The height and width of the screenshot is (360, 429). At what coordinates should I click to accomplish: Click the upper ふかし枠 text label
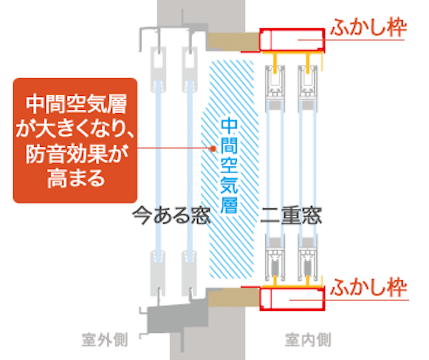coord(369,28)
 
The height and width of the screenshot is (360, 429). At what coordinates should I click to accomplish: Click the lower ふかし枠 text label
coord(369,287)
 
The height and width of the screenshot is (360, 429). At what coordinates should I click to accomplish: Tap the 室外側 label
coord(105,340)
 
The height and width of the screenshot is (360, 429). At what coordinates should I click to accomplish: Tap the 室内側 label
coord(308,340)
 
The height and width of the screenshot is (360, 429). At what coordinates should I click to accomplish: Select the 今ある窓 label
coord(171,215)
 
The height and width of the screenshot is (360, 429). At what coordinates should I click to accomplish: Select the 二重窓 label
coord(291,215)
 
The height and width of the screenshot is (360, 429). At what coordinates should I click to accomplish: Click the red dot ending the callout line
coord(213,149)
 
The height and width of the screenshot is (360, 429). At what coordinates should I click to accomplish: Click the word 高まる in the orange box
coord(76,178)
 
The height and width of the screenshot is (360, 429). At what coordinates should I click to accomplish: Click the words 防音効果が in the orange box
coord(77,154)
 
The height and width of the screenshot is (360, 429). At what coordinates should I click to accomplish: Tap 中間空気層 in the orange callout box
coord(76,104)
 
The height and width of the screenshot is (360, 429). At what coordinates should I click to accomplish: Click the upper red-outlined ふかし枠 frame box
coord(292,40)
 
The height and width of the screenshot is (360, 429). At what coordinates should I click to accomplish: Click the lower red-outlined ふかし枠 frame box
coord(292,299)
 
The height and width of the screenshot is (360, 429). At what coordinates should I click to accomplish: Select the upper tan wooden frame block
coord(233,41)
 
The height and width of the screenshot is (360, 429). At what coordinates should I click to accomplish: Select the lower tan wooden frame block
coord(233,297)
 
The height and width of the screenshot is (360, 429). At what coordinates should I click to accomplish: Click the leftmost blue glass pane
coord(158,172)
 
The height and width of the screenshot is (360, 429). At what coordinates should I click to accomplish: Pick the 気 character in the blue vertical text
coord(229,185)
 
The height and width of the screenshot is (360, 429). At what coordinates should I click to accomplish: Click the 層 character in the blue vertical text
coord(229,205)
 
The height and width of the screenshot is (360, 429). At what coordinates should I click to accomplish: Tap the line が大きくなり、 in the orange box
coord(75,129)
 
